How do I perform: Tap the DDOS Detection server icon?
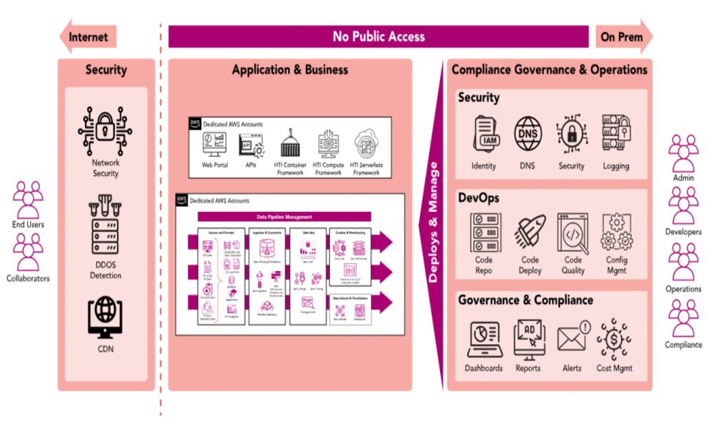106,232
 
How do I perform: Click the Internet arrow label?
88,36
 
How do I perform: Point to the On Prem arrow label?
620,36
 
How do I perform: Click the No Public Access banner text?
379,36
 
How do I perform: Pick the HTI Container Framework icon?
289,144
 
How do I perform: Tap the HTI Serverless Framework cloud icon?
366,144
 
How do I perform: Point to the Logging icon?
615,134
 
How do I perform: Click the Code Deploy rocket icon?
530,233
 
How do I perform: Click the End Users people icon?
29,199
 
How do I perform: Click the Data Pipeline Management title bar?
283,217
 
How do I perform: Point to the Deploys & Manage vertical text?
434,221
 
